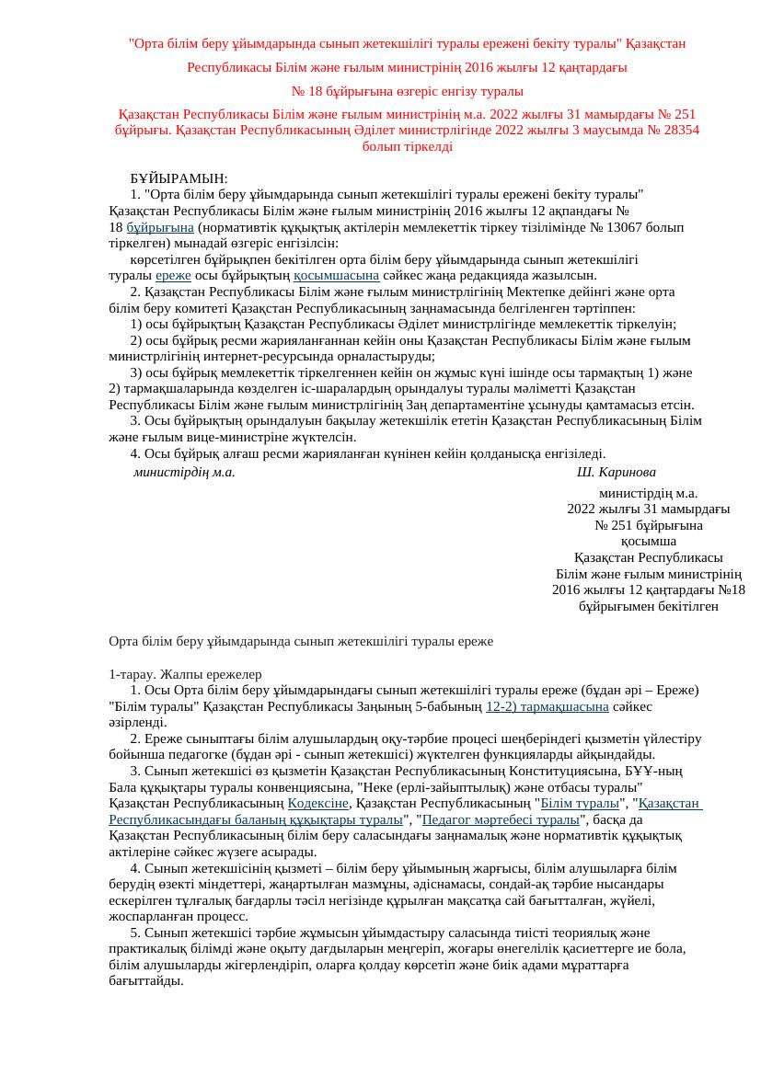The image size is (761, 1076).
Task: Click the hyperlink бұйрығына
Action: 160,227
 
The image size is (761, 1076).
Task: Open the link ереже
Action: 173,275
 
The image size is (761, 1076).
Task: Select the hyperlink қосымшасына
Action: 337,275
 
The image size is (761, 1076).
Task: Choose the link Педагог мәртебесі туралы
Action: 501,819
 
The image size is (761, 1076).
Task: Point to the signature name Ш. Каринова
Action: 616,472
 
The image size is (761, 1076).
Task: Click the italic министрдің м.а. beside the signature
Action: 184,472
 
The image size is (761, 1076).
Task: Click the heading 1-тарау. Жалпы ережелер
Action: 185,674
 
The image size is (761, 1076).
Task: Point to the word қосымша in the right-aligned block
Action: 648,542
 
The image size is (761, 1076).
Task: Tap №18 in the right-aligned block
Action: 731,590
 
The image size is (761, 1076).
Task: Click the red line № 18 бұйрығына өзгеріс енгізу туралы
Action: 407,91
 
